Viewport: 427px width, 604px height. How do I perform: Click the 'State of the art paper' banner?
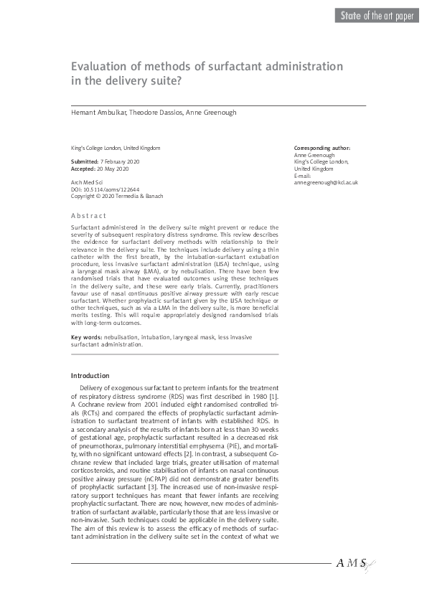click(375, 16)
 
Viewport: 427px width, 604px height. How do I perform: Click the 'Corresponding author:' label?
click(322, 148)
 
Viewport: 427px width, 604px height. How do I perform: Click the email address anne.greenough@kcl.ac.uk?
click(326, 183)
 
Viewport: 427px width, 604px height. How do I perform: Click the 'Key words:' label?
click(86, 337)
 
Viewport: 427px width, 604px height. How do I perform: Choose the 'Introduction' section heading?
click(90, 376)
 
